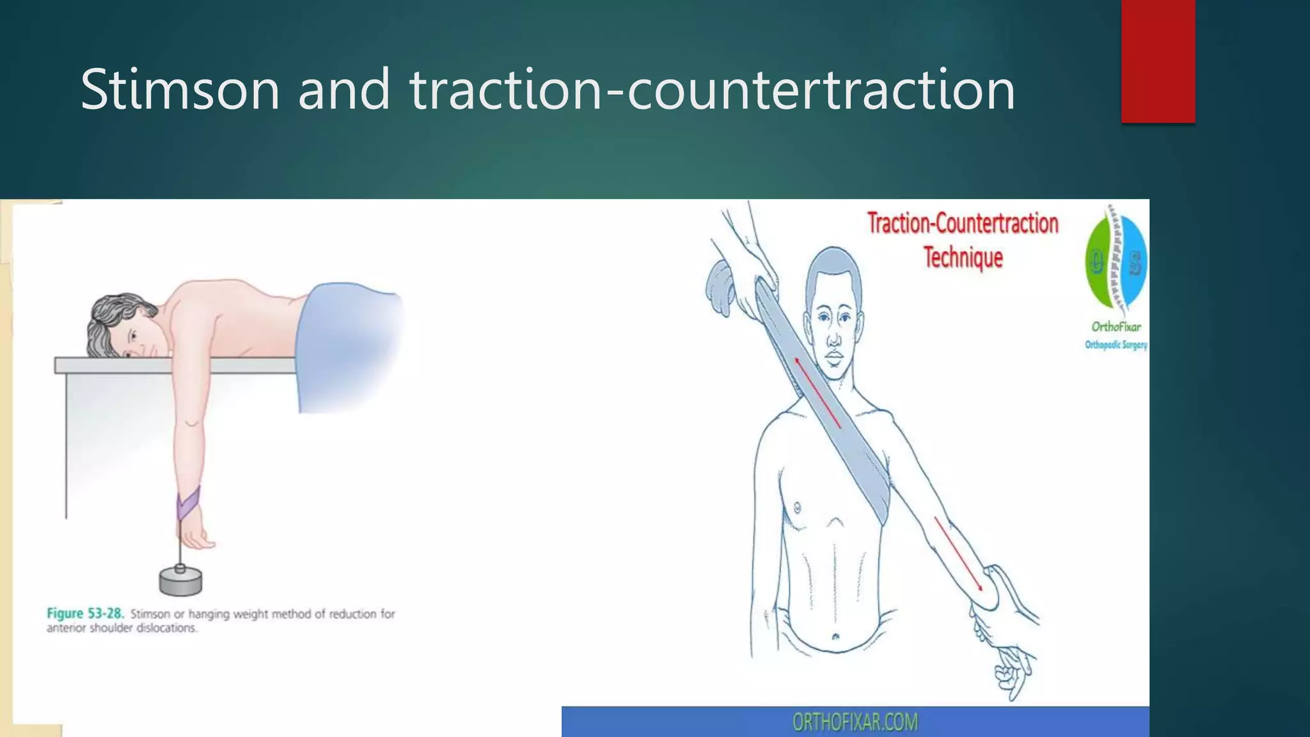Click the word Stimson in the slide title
tap(180, 90)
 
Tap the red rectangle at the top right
tap(1158, 61)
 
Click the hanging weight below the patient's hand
tap(180, 580)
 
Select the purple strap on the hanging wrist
tap(188, 503)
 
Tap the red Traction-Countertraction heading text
tap(962, 223)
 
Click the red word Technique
tap(963, 257)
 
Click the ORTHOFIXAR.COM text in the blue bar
tap(855, 722)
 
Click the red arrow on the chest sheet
tap(817, 393)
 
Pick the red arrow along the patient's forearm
tap(958, 554)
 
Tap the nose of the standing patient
tap(834, 337)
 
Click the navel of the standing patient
tap(835, 637)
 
